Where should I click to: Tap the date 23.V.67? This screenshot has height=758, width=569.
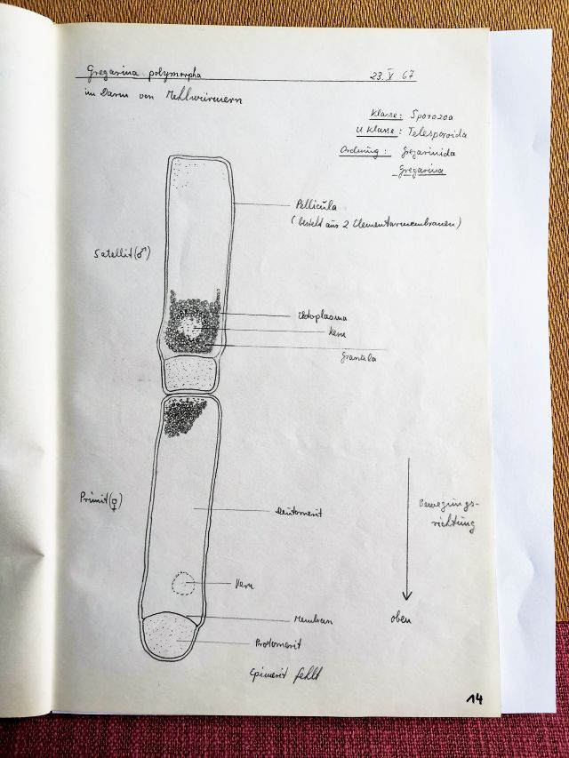[392, 76]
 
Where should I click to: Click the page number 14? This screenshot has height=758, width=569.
[475, 699]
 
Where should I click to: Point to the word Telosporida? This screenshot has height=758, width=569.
[437, 133]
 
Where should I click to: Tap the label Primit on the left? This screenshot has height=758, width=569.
[100, 499]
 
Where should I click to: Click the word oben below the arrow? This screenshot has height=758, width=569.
[401, 619]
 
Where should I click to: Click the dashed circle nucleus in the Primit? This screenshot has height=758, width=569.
[184, 584]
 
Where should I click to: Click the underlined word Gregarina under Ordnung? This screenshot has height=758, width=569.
[422, 171]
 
